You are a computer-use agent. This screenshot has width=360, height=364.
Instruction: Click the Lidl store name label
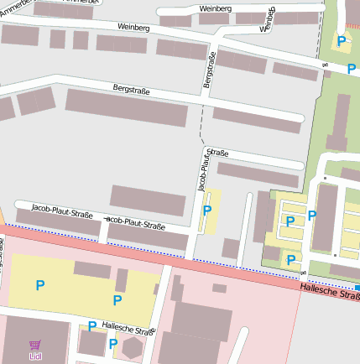click(x=35, y=356)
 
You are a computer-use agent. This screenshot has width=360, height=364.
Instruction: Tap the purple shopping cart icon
click(x=34, y=344)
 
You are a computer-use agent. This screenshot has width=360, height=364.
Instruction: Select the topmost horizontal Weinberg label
click(x=216, y=8)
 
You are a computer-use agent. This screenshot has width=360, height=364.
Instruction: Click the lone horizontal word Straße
click(x=217, y=153)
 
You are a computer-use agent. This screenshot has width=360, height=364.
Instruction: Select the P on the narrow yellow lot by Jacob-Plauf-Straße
click(x=206, y=210)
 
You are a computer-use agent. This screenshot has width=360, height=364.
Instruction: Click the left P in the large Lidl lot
click(x=39, y=285)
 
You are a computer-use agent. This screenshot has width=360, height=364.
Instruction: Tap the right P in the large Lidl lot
click(x=117, y=299)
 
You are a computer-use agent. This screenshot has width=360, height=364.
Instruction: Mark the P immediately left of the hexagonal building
click(x=112, y=343)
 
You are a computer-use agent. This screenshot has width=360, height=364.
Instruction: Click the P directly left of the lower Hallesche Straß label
click(x=91, y=325)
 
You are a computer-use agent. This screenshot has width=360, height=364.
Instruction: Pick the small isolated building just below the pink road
click(x=219, y=288)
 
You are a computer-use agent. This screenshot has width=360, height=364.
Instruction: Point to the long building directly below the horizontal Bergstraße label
click(x=126, y=107)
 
